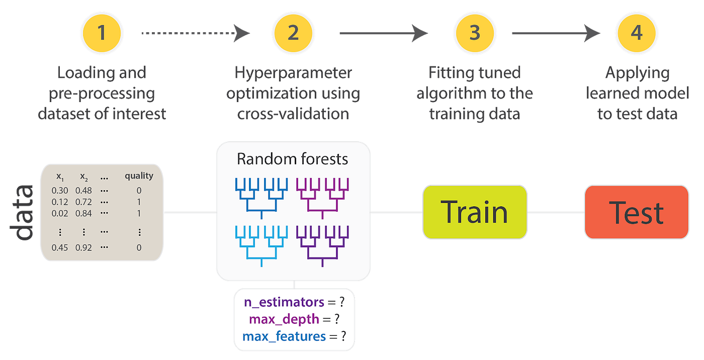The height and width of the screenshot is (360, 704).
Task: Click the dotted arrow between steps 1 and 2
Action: [x=195, y=33]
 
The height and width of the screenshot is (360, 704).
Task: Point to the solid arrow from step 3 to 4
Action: [x=556, y=33]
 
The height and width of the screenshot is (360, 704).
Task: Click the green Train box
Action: [x=475, y=212]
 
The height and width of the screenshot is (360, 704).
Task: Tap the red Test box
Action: [x=636, y=212]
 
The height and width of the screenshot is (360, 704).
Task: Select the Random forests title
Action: [x=293, y=159]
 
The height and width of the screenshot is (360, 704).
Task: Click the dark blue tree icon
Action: [x=261, y=198]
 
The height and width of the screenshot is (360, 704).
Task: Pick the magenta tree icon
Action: [x=322, y=198]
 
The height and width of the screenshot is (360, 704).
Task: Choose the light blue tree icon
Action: [x=261, y=245]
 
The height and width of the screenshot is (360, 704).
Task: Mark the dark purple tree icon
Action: [x=322, y=245]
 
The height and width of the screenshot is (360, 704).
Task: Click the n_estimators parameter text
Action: [x=284, y=302]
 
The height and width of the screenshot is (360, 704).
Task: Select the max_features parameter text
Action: [x=284, y=335]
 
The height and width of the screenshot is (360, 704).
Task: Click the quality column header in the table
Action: [x=139, y=176]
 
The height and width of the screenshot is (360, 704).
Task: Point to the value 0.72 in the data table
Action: [x=83, y=202]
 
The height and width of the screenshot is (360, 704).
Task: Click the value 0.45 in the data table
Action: [x=60, y=247]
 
